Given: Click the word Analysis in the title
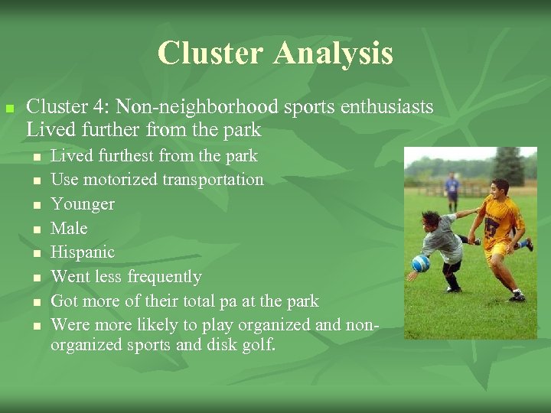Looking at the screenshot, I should pos(333,54).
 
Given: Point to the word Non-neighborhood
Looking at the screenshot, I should pos(183,107).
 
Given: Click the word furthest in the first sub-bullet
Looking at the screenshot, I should pos(125,156).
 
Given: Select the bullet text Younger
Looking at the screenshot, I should pos(82,204).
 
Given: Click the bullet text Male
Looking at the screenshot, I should pos(69,228).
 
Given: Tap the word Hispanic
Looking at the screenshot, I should pos(82,252).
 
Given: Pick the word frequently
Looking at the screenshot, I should pos(165,277).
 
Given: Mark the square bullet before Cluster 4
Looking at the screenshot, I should pos(10,109).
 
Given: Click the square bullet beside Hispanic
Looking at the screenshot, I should pos(36,253).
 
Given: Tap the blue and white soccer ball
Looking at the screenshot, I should pos(421,263).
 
